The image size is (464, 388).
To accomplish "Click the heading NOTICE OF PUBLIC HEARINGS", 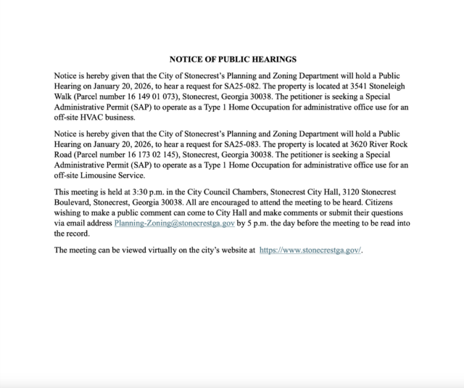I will pyautogui.click(x=232, y=59).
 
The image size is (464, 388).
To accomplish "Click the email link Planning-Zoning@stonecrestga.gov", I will pyautogui.click(x=174, y=224).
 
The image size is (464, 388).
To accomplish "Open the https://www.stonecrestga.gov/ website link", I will pyautogui.click(x=310, y=250).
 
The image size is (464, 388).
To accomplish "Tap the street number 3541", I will pyautogui.click(x=368, y=86).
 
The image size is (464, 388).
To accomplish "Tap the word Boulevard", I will pyautogui.click(x=75, y=202).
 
